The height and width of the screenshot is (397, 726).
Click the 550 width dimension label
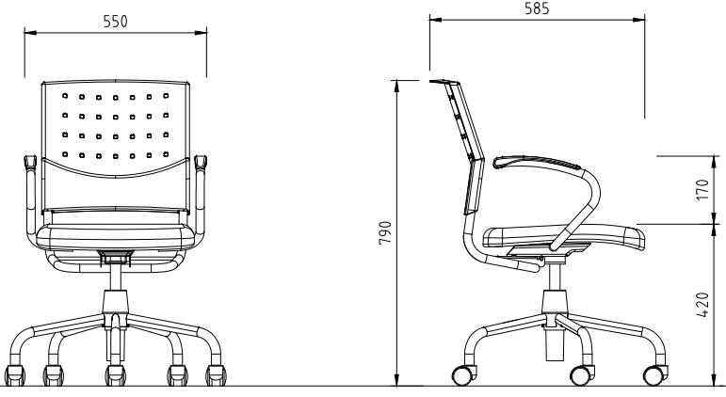[115, 22]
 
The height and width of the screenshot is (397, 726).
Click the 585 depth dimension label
[537, 8]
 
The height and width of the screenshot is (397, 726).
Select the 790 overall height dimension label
[385, 232]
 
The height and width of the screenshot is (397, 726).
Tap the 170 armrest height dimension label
[702, 190]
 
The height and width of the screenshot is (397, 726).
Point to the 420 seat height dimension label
[702, 305]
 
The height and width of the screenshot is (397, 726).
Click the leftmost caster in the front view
[15, 374]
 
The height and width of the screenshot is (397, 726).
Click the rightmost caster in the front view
[216, 374]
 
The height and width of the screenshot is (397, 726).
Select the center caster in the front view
[115, 374]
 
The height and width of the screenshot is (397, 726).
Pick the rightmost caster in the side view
[654, 374]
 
